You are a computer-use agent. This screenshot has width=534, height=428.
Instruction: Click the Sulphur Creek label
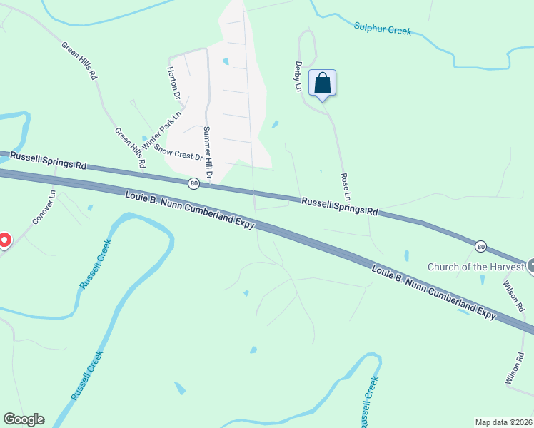click(x=383, y=31)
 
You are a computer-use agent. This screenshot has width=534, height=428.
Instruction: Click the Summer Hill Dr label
click(x=207, y=153)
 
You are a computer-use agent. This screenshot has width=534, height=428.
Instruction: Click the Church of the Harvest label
click(x=475, y=267)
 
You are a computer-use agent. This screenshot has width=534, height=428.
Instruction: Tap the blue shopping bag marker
click(x=322, y=83)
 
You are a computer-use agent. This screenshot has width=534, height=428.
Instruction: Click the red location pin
click(x=4, y=241)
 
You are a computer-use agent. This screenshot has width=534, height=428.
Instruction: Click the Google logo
click(x=24, y=419)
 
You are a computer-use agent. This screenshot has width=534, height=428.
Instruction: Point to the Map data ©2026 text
click(x=503, y=422)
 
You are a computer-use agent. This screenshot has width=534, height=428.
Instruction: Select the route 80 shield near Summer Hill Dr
click(x=194, y=184)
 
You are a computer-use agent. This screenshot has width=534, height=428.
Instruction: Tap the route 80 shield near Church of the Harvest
click(x=481, y=246)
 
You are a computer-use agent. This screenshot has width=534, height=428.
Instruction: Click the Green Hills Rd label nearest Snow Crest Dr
click(x=131, y=148)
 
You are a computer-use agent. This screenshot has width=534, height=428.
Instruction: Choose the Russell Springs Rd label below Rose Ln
click(x=338, y=207)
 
